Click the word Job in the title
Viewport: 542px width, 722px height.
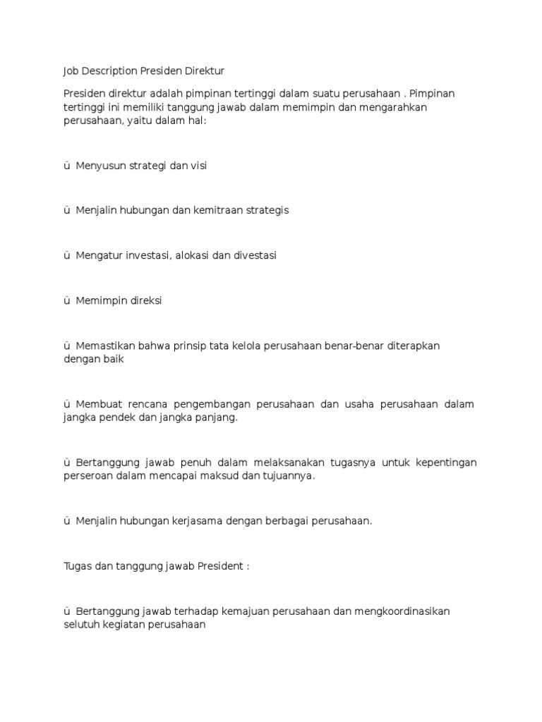(71, 71)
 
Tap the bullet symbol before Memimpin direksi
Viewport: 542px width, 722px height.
(66, 300)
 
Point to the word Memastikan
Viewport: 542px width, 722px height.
(104, 345)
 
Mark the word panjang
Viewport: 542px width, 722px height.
(216, 417)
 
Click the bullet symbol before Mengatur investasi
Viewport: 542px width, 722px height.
(66, 255)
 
